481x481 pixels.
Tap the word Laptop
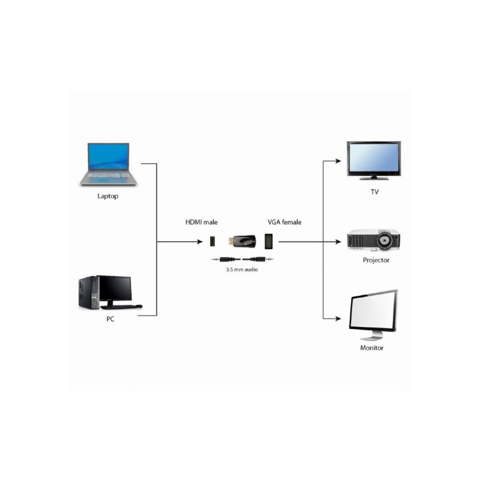108,196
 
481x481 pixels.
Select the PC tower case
87,293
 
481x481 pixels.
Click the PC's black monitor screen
115,288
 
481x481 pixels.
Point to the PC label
110,319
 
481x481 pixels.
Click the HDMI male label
201,222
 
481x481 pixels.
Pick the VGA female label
284,222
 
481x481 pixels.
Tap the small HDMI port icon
212,242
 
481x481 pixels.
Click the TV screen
373,158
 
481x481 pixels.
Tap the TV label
375,191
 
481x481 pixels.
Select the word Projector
376,260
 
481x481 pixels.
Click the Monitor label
372,348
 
